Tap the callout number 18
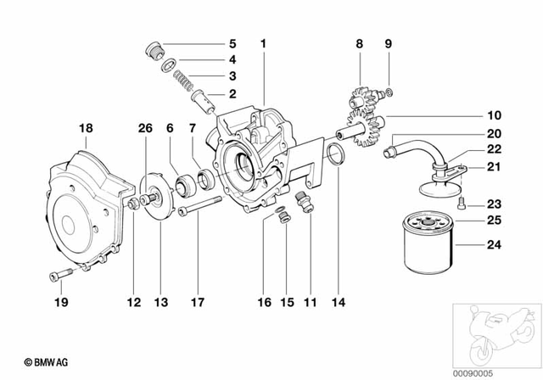click(86, 128)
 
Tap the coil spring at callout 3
click(180, 80)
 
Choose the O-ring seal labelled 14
click(335, 156)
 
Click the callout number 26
click(145, 128)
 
